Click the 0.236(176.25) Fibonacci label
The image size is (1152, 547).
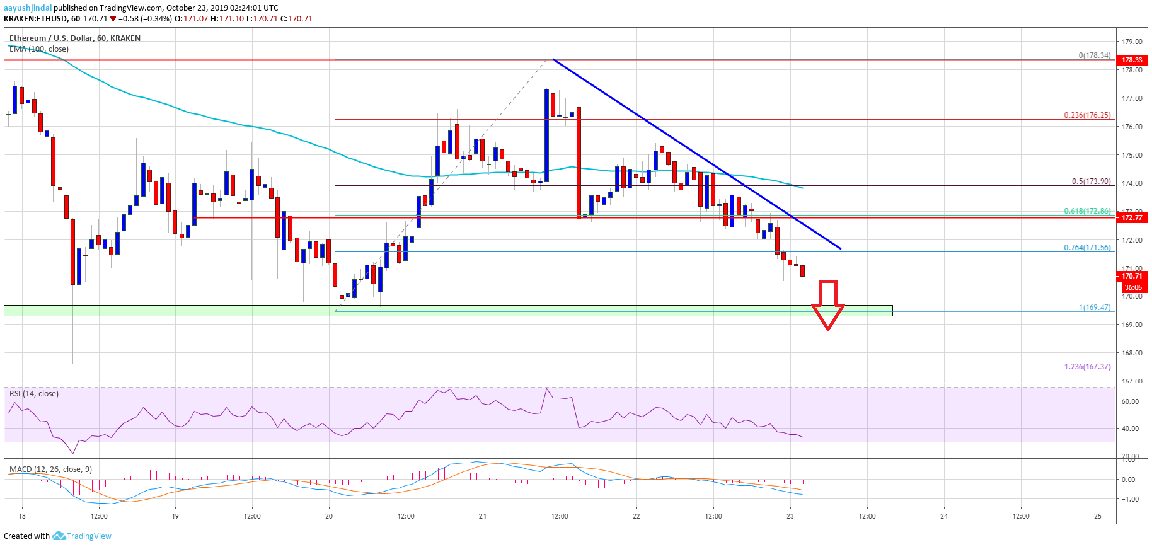coord(1087,115)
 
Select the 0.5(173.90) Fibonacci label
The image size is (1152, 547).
coord(1091,181)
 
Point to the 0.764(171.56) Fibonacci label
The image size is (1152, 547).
coord(1087,248)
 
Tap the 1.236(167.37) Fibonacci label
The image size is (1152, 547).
coord(1087,367)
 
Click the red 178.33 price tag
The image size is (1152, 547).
coord(1132,60)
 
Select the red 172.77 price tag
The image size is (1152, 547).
coord(1132,217)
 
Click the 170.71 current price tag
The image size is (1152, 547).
coord(1132,276)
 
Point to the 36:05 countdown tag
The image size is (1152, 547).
coord(1133,287)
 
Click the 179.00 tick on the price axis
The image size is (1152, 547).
coord(1132,42)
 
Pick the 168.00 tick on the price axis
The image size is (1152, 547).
coord(1132,353)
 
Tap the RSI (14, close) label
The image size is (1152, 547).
coord(34,394)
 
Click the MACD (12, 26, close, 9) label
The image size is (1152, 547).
coord(50,469)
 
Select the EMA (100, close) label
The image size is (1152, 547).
coord(39,49)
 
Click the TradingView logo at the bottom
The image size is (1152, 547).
coord(82,536)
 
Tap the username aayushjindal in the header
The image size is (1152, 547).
coord(28,8)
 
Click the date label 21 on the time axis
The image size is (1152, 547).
coord(483,516)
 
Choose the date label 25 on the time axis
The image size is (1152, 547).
coord(1098,516)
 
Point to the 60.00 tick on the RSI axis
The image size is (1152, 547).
coord(1130,401)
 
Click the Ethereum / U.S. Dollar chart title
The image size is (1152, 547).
coord(74,38)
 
